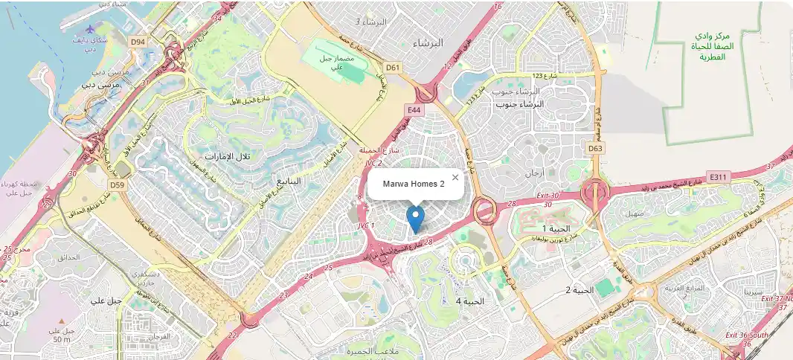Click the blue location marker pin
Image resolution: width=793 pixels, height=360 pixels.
pyautogui.click(x=416, y=219)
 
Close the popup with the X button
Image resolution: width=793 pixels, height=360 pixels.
pyautogui.click(x=455, y=177)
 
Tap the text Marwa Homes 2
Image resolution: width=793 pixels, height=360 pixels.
pyautogui.click(x=414, y=184)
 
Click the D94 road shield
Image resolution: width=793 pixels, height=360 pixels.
pyautogui.click(x=138, y=42)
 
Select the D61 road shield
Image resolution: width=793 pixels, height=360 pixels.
pyautogui.click(x=394, y=68)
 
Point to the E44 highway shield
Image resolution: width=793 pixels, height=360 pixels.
pyautogui.click(x=413, y=110)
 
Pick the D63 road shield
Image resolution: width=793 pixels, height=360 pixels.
pyautogui.click(x=594, y=149)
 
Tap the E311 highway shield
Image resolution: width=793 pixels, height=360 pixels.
pyautogui.click(x=717, y=177)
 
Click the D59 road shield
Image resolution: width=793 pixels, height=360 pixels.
pyautogui.click(x=116, y=184)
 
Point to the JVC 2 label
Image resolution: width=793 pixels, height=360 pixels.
pyautogui.click(x=370, y=163)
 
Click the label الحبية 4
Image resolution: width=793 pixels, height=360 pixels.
pyautogui.click(x=469, y=301)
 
